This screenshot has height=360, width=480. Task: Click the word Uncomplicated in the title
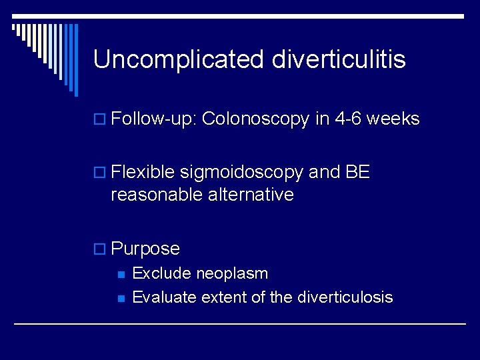tap(179, 60)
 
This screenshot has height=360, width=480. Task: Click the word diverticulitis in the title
tap(339, 60)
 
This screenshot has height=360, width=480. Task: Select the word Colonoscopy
tap(256, 119)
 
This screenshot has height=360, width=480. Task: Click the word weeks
tap(393, 119)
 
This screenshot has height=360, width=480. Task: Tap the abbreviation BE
tap(357, 173)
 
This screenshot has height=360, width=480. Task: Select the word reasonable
tap(157, 195)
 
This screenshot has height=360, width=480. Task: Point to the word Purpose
tap(145, 249)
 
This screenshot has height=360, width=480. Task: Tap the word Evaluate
tap(163, 297)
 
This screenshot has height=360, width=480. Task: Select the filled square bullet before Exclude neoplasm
tap(120, 274)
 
